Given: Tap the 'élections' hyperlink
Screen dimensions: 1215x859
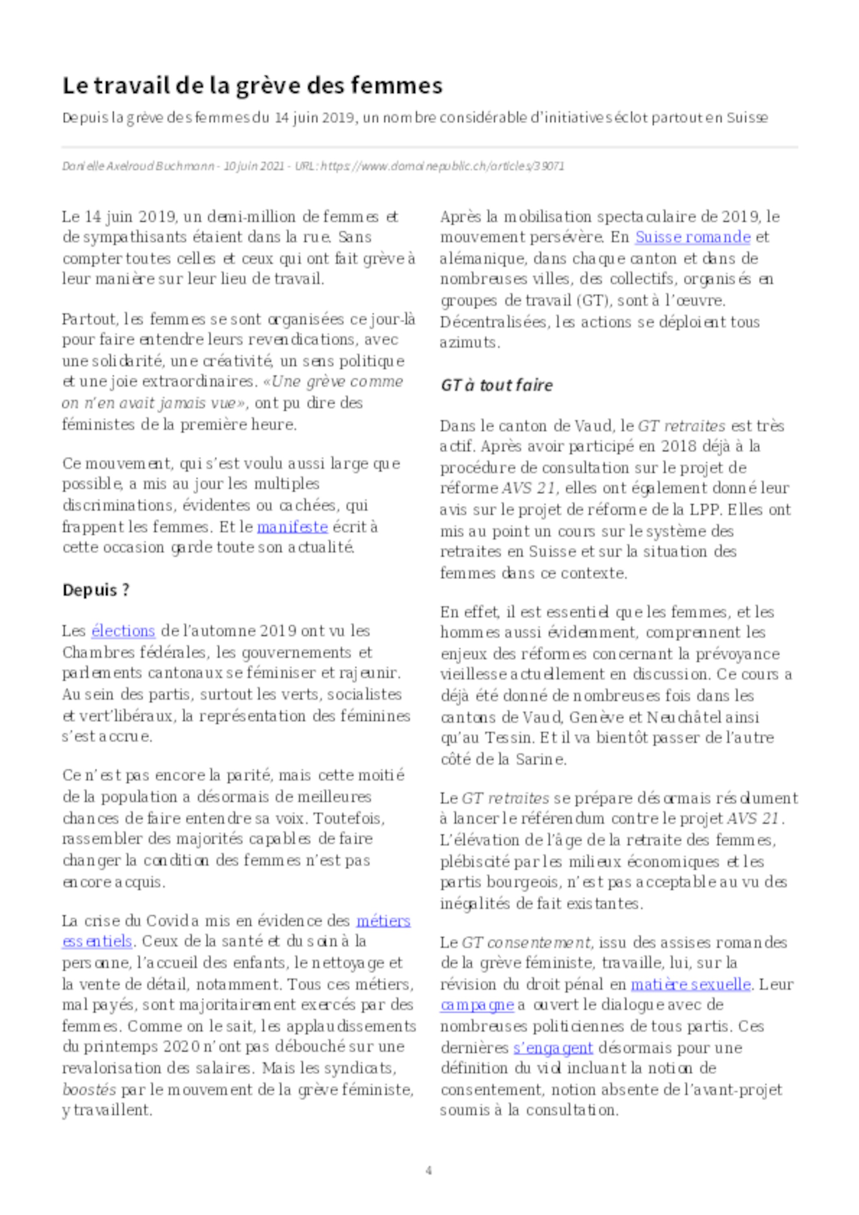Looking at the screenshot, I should pyautogui.click(x=123, y=631).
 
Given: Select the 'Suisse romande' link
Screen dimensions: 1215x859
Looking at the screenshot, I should pyautogui.click(x=692, y=237).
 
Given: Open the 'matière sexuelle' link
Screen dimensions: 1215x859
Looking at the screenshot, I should pyautogui.click(x=690, y=984).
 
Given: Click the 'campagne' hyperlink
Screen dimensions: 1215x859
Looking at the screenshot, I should pyautogui.click(x=476, y=1005).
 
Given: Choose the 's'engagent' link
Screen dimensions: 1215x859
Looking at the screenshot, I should pyautogui.click(x=553, y=1048).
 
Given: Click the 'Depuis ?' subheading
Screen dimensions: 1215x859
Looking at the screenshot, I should pyautogui.click(x=96, y=589).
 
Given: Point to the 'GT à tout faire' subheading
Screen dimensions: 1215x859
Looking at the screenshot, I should pyautogui.click(x=496, y=385).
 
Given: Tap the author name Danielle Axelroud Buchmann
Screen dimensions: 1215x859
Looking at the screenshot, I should pyautogui.click(x=137, y=166).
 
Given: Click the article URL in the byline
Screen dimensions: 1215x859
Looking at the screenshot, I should pyautogui.click(x=442, y=166).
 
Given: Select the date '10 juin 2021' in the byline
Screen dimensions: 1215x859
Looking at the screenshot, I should pyautogui.click(x=253, y=166).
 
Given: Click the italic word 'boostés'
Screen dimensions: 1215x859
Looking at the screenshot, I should pyautogui.click(x=89, y=1090).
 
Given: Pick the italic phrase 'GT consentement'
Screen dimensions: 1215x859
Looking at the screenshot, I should pyautogui.click(x=526, y=942).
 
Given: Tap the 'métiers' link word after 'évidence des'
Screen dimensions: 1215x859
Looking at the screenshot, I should pyautogui.click(x=383, y=921).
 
